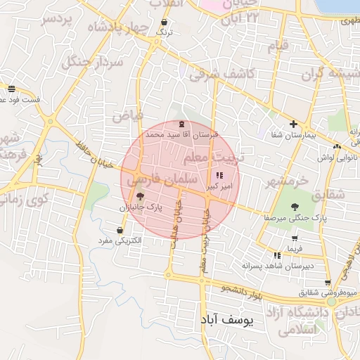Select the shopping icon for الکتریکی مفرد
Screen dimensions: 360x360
(x=120, y=230)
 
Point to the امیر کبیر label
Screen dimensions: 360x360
(x=217, y=188)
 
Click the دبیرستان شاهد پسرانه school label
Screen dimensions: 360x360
(x=277, y=266)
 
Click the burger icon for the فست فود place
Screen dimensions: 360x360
(x=11, y=89)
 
